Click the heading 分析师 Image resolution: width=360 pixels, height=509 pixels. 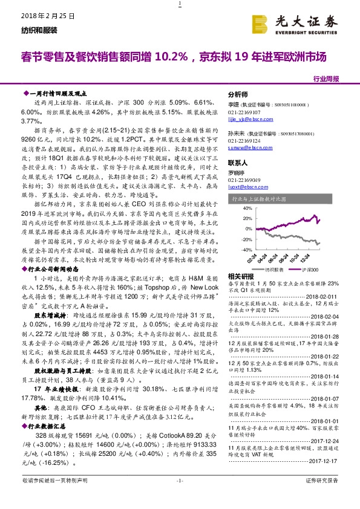[238, 95]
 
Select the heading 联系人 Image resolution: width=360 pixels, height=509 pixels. [238, 163]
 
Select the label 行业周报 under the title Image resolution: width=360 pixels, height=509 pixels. [327, 79]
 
